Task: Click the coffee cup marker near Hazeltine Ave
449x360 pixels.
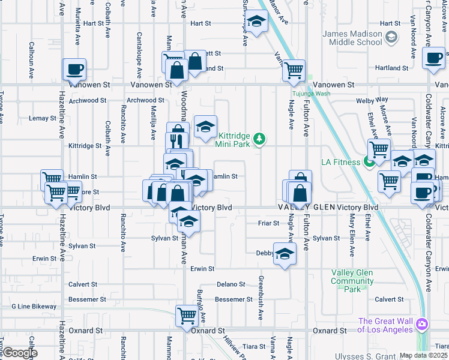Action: point(74,70)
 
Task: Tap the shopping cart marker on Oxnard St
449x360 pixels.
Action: point(187,315)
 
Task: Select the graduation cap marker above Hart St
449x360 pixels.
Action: point(256,23)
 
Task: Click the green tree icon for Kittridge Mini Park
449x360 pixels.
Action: point(259,139)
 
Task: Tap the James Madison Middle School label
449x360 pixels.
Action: point(352,38)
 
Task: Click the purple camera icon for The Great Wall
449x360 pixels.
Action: point(422,324)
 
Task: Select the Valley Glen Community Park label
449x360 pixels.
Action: point(352,281)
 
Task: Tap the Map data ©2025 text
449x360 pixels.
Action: point(423,355)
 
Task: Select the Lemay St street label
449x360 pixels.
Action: point(42,118)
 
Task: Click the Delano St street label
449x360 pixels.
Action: point(231,284)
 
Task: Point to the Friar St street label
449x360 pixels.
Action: point(268,223)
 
